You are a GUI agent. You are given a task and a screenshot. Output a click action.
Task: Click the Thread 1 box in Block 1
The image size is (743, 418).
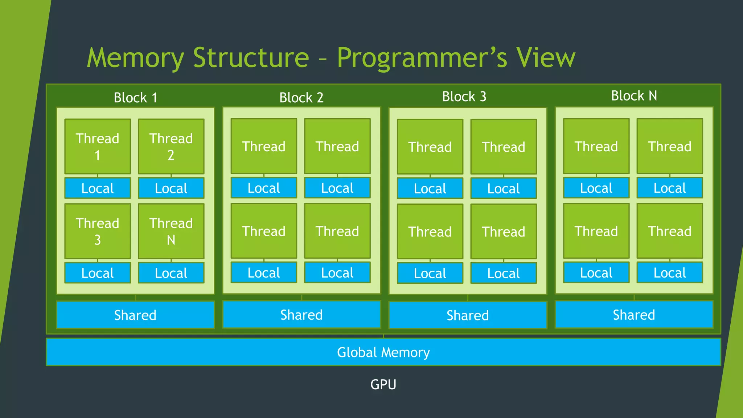[98, 147]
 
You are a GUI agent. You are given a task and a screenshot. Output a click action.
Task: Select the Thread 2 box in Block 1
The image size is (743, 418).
[171, 147]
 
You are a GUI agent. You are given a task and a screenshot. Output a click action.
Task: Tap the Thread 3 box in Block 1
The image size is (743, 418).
[98, 231]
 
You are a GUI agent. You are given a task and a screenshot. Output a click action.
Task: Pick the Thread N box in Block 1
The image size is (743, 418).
[171, 231]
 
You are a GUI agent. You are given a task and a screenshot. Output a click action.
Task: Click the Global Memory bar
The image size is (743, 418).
[383, 352]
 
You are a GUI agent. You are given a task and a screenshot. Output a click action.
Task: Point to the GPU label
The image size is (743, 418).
[383, 384]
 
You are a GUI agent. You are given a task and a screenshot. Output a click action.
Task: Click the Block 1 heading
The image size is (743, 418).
[135, 98]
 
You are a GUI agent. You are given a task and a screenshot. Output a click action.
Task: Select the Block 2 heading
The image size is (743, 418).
[301, 98]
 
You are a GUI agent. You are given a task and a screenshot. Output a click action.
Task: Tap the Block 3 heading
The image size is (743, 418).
[464, 97]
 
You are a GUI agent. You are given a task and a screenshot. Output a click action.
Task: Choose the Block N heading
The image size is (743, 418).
[634, 96]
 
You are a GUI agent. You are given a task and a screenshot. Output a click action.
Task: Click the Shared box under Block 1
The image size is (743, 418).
[135, 315]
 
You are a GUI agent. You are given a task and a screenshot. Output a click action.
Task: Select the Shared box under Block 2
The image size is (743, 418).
[301, 315]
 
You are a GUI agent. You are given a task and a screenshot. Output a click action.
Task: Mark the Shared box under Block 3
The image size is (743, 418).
[468, 315]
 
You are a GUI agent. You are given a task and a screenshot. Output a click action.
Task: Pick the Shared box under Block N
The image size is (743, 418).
[634, 315]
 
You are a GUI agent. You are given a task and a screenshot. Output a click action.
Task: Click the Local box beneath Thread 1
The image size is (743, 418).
[98, 188]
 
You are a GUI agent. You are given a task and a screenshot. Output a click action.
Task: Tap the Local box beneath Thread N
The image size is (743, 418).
[171, 272]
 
